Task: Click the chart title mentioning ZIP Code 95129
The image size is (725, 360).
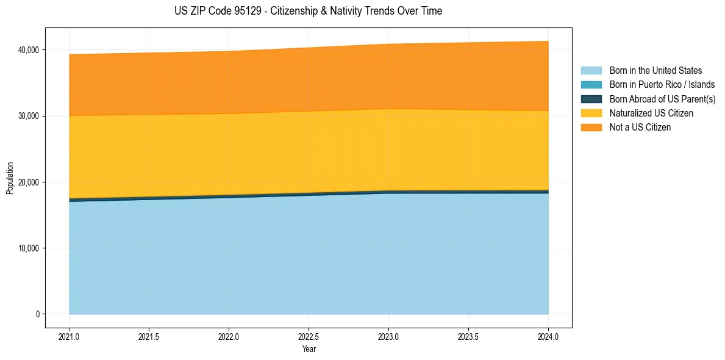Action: coord(308,11)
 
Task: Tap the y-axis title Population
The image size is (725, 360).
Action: coord(10,178)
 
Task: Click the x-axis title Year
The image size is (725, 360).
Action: coord(309,349)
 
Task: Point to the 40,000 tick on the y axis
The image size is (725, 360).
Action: coord(29,49)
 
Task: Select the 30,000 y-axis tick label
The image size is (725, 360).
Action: coord(29,116)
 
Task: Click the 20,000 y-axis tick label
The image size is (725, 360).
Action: coord(29,182)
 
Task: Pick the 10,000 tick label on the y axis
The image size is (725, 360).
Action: coord(29,248)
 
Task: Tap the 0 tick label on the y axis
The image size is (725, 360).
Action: coord(37,314)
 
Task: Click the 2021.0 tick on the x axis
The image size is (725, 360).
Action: coord(70,336)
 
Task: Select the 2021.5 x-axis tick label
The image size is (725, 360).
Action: coord(149,336)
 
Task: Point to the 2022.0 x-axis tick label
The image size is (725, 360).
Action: coord(229,336)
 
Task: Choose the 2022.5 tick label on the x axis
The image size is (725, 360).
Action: coord(309,336)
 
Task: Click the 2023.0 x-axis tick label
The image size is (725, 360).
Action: coord(388,336)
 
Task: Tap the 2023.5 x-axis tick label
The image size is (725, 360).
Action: coord(468,336)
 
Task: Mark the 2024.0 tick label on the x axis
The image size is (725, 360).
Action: coord(548,336)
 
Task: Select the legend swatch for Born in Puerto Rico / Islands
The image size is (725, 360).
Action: coord(591,85)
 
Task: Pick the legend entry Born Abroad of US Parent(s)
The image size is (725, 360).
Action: coord(662,99)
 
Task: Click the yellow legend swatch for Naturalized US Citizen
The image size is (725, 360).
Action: coord(591,113)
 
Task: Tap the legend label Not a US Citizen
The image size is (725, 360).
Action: coord(640,128)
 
